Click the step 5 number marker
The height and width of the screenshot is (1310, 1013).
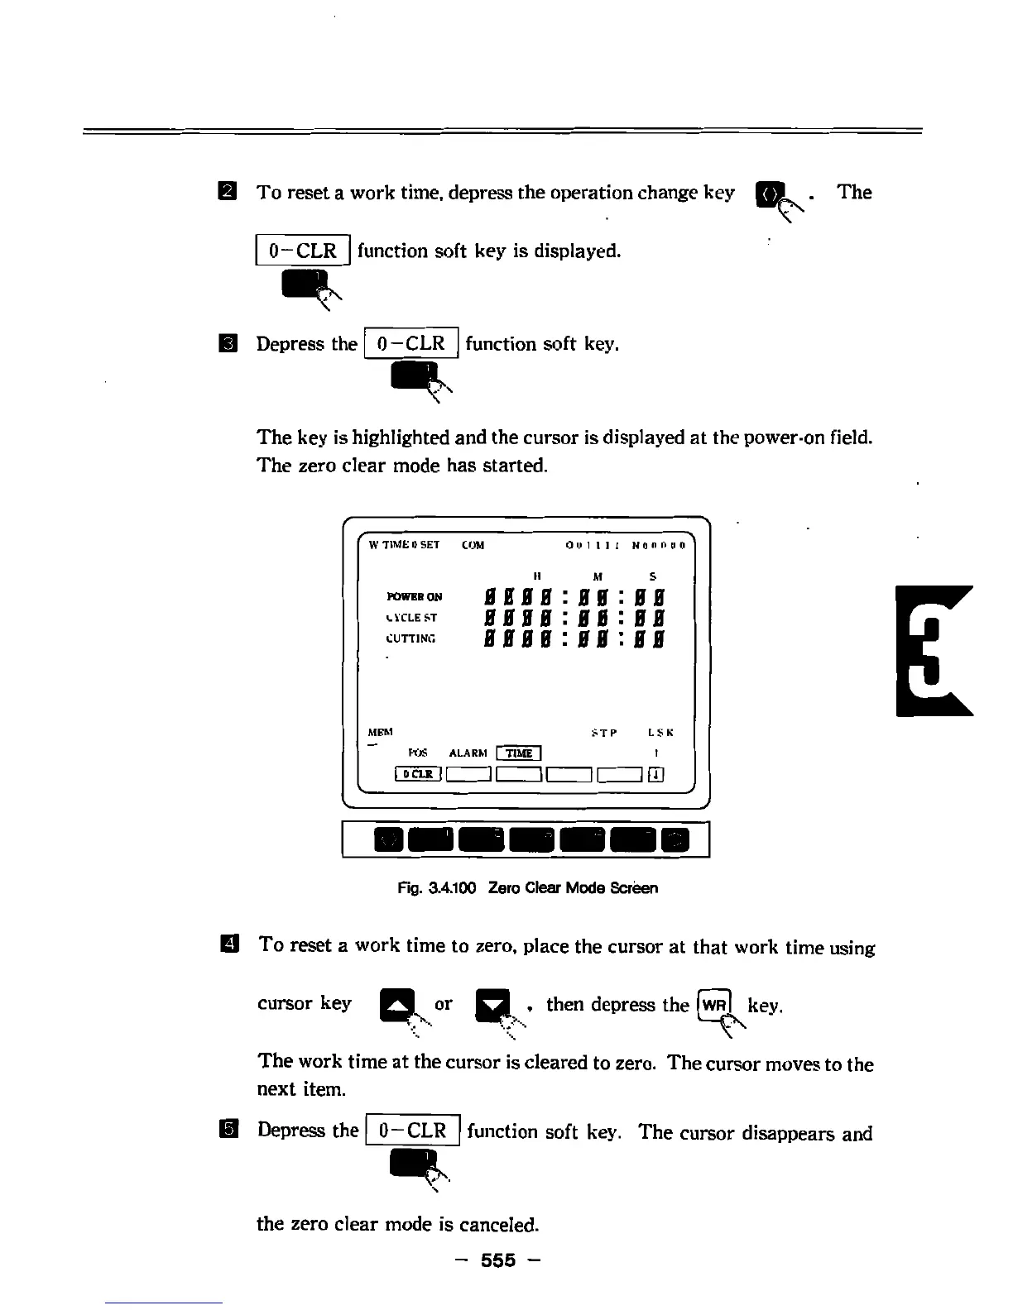[228, 1130]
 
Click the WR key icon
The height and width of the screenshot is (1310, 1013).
[713, 1006]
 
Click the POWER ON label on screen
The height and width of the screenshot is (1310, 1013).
[414, 596]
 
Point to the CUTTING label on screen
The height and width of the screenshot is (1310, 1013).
[410, 638]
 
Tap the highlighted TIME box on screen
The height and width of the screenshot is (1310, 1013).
[518, 753]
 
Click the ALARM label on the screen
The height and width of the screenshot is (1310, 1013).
[468, 753]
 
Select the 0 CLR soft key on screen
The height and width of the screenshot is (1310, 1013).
[419, 774]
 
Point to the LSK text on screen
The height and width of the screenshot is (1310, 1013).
[660, 733]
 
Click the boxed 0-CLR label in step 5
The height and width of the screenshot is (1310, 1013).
[412, 1131]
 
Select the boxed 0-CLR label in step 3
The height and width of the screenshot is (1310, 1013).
[410, 343]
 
